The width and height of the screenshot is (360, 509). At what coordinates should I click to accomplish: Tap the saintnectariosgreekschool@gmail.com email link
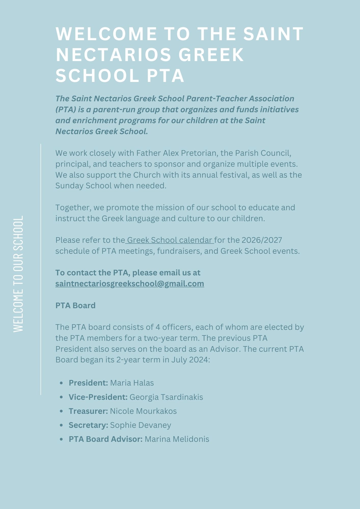coord(130,284)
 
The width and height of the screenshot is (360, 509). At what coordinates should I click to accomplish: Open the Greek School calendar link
coord(170,240)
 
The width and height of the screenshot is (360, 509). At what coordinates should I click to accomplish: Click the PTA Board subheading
coord(75,305)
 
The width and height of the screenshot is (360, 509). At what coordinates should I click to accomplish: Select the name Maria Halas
coord(132,383)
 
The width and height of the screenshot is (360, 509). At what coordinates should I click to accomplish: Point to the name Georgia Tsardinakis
coord(166,397)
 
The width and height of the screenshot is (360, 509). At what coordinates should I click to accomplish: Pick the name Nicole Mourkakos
coord(143,411)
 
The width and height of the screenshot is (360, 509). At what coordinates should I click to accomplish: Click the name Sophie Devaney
coord(141,425)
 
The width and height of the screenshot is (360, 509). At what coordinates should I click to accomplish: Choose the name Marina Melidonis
coord(177,439)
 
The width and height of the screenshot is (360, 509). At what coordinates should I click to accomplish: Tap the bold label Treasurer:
coord(88,411)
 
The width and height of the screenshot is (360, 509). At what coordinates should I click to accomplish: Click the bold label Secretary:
coord(88,425)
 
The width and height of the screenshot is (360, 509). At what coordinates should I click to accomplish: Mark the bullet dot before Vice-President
coord(61,397)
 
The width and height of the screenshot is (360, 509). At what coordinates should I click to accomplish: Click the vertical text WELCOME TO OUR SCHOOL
coord(18,274)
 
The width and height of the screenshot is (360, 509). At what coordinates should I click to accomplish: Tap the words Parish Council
coord(263,153)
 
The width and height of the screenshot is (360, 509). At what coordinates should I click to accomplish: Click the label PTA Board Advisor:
coord(106,439)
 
